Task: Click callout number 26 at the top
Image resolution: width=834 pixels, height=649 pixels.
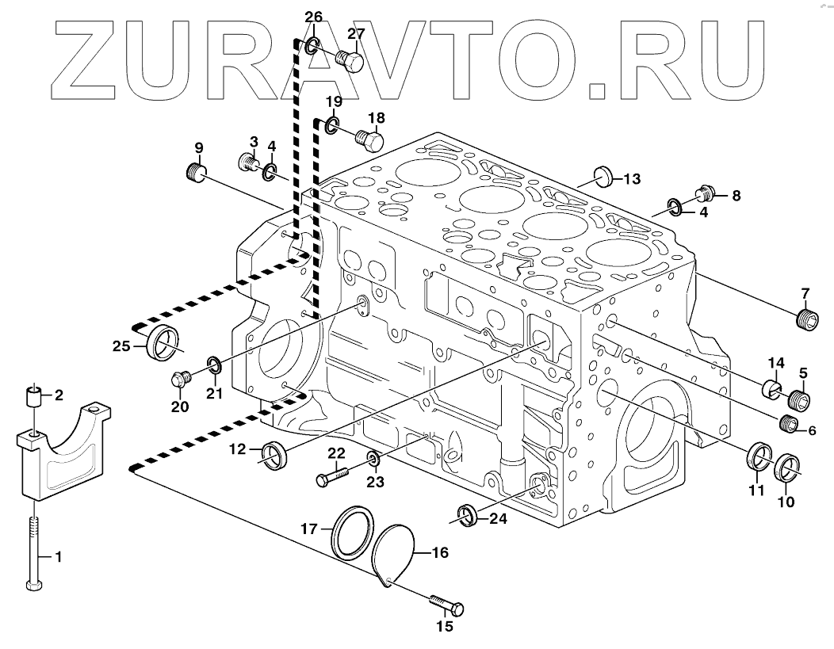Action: coord(314,17)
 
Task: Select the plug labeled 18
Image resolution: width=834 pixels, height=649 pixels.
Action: coord(370,142)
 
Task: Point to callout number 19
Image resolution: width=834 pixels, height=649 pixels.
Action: coord(334,101)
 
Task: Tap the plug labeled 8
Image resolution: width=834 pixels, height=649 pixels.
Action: coord(706,192)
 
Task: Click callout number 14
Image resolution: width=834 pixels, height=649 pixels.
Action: coord(775,364)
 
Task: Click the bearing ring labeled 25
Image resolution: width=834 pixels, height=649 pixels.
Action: coord(163,341)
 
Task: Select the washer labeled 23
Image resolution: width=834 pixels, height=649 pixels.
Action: coord(373,460)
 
